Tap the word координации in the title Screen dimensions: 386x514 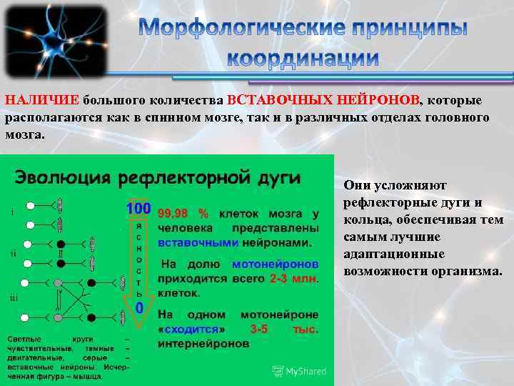pos(303,57)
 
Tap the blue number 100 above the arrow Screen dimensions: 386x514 pos(138,209)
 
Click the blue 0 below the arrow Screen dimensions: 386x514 pos(139,307)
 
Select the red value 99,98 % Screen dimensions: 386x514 pos(183,214)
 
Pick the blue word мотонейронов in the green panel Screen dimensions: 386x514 pos(276,263)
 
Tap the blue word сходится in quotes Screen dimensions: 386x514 pos(191,329)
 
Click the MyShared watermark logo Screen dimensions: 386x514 pos(300,371)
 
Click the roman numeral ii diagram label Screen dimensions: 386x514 pos(14,253)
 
